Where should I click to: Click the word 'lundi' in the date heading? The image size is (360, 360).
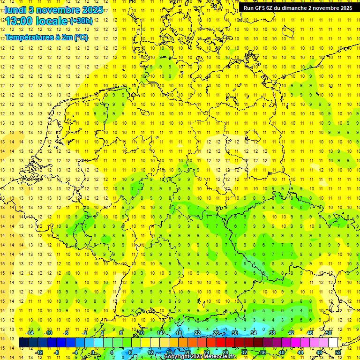[x=16, y=10]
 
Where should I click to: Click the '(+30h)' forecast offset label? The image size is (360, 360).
[x=81, y=21]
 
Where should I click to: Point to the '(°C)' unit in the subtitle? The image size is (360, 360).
[x=81, y=37]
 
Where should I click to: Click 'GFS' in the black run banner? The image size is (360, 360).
[x=260, y=8]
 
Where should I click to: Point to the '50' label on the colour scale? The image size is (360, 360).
[x=329, y=333]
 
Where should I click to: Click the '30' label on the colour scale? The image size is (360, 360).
[x=234, y=333]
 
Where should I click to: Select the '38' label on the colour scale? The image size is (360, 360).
[x=272, y=333]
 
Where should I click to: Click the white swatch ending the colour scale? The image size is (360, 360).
[x=333, y=342]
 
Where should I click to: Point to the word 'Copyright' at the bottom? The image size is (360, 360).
[x=178, y=357]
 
